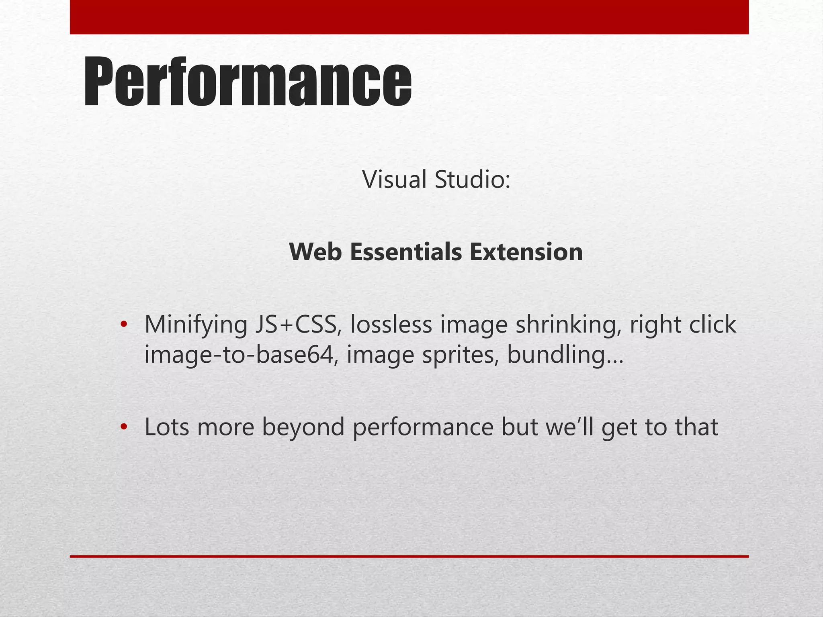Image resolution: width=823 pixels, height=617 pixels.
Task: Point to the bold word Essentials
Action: tap(406, 252)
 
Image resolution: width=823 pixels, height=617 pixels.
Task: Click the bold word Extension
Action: tap(526, 252)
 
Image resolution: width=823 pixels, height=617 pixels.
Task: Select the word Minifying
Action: tap(196, 325)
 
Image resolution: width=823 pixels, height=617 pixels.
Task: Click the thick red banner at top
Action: tap(409, 17)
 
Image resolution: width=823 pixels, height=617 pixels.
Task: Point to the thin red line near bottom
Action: tap(409, 556)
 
